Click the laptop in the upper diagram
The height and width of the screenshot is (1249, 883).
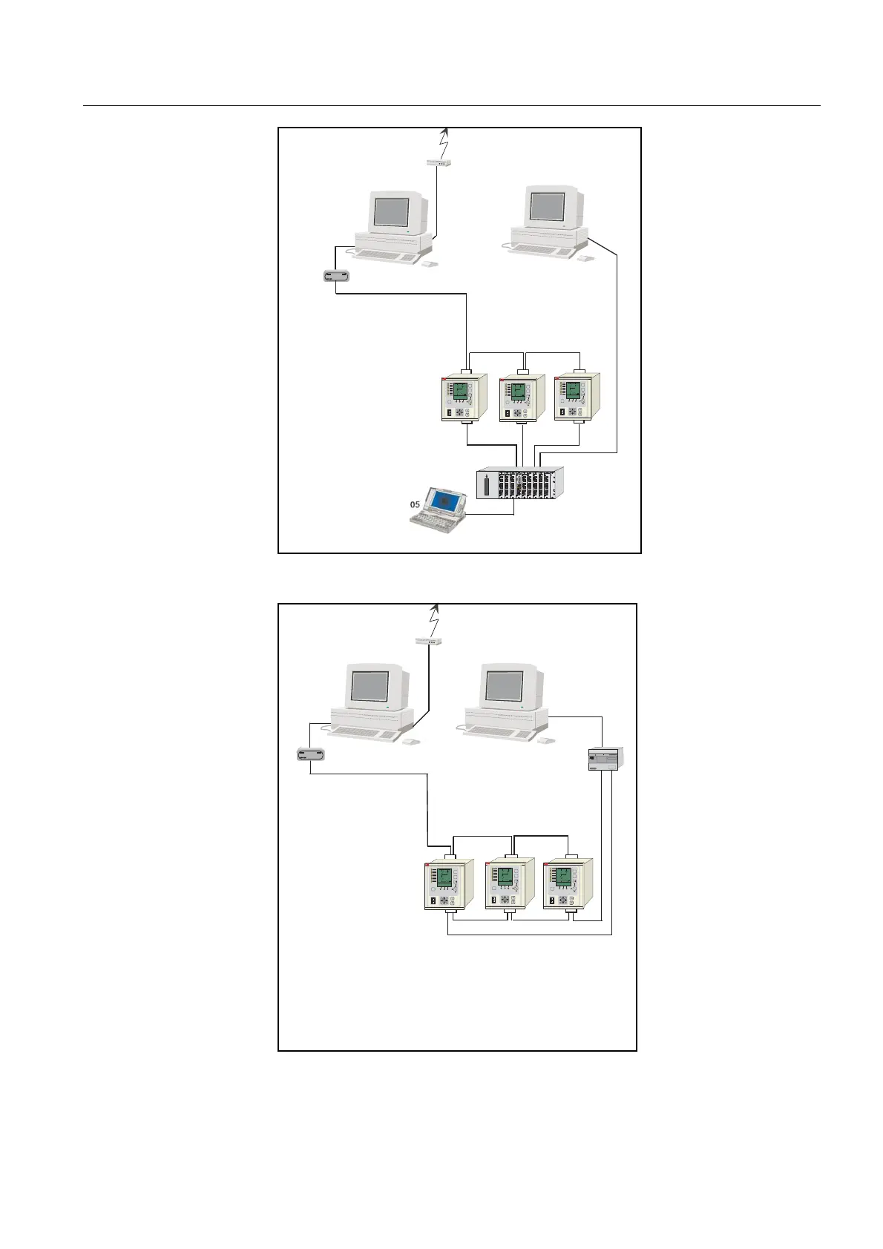point(439,509)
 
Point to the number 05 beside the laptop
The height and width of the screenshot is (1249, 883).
point(416,504)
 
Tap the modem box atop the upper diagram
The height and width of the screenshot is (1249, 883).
point(439,162)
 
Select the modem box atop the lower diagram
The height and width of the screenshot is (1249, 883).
point(429,639)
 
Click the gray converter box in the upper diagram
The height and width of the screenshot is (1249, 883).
point(336,276)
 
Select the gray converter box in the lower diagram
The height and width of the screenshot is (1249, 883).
point(310,755)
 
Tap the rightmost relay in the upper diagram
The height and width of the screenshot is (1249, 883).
point(577,398)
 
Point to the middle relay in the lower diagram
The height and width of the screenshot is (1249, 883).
point(508,885)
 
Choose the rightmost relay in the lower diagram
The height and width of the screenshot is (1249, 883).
point(568,885)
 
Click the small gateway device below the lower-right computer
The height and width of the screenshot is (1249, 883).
point(606,759)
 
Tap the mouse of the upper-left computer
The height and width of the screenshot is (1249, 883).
point(428,263)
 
